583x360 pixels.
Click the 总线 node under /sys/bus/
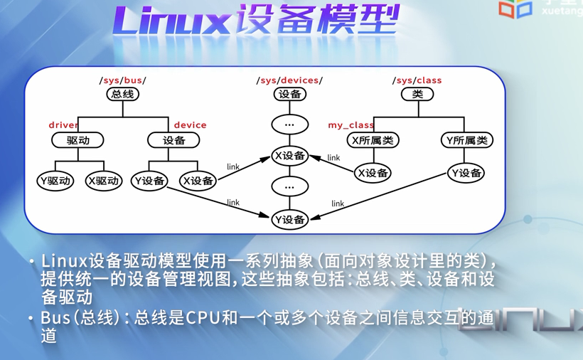coord(122,94)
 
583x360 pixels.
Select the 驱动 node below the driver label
coord(77,140)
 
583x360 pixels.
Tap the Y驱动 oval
coord(55,181)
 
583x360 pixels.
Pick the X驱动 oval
coord(103,181)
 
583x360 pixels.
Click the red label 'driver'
coord(63,125)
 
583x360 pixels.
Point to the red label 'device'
coord(190,125)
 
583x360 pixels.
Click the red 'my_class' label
coord(351,125)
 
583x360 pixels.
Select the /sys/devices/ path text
coord(289,80)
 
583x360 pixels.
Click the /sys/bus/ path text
coord(123,80)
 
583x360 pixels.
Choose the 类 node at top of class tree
coord(417,94)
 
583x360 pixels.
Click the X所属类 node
coord(373,140)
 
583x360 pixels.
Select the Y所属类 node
coord(466,140)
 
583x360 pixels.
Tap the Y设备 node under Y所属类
coord(466,173)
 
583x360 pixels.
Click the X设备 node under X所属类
coord(373,173)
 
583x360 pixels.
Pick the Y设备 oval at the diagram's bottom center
coord(289,219)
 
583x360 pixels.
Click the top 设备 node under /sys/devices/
coord(289,94)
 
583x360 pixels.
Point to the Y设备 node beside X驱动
coord(149,181)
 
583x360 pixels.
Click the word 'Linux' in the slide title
coord(168,21)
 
